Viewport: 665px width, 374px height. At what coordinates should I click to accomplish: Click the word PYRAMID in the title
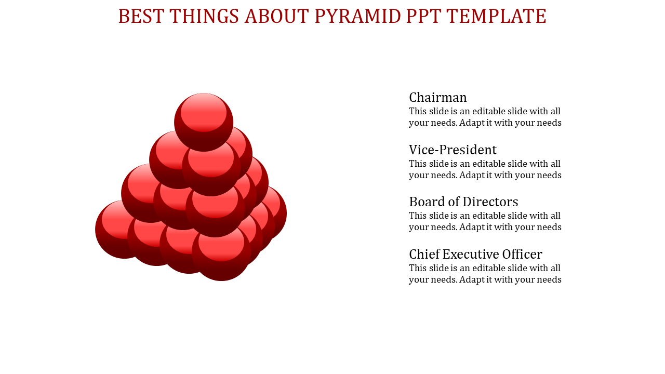click(x=357, y=16)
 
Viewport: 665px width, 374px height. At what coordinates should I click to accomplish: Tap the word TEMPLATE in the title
click(x=496, y=16)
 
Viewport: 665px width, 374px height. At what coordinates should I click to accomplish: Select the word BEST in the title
click(x=141, y=16)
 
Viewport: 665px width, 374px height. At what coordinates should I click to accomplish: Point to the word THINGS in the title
click(x=204, y=16)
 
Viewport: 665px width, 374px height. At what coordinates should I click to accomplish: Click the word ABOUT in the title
click(x=277, y=16)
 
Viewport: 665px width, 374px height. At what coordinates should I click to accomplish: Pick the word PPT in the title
click(x=423, y=16)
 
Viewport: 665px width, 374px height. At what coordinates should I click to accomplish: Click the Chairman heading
click(x=437, y=97)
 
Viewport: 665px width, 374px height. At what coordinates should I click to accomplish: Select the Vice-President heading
click(x=453, y=150)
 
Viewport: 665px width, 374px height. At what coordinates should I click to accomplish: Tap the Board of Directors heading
click(x=463, y=202)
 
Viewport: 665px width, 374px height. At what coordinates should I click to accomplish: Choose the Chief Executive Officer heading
click(x=475, y=254)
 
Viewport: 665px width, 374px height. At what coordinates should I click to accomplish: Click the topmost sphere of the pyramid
click(x=204, y=122)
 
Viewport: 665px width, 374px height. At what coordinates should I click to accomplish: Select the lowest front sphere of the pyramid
click(x=221, y=252)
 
